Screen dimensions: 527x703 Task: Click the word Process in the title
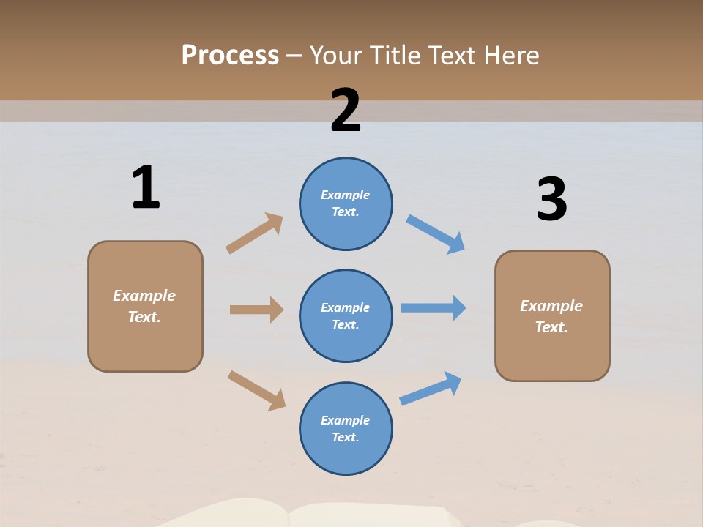click(x=230, y=56)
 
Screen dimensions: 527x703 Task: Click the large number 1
click(x=146, y=187)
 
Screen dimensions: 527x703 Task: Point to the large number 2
click(x=346, y=110)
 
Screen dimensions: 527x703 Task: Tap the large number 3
click(x=551, y=199)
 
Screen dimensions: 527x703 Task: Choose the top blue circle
click(x=346, y=203)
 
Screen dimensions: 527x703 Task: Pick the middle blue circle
click(x=346, y=315)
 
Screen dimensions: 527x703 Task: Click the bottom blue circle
click(x=346, y=428)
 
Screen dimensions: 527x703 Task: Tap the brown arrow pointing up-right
click(x=255, y=233)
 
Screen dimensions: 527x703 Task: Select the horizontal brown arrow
click(x=256, y=310)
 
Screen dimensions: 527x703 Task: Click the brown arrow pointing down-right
click(x=256, y=390)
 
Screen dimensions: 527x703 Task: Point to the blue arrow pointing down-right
click(x=436, y=234)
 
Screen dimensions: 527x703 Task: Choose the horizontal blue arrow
click(x=434, y=308)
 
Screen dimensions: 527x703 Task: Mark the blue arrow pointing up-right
click(x=431, y=388)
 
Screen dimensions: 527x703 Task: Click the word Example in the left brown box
click(x=144, y=296)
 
